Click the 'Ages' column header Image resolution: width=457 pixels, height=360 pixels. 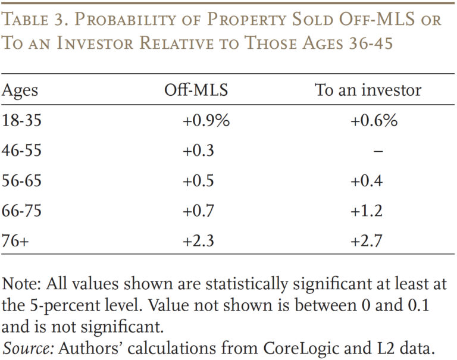(20, 90)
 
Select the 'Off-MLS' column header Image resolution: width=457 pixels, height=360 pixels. (196, 89)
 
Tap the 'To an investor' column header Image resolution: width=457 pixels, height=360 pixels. (368, 89)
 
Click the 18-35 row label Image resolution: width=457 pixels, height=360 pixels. (21, 120)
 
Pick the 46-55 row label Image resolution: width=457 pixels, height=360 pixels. (21, 151)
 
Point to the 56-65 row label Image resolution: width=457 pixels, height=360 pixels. (21, 180)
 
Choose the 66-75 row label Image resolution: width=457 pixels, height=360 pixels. (21, 211)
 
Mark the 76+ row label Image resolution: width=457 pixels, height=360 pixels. (15, 241)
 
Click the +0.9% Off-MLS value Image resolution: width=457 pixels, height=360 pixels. (206, 120)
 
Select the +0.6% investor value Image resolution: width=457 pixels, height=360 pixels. (374, 120)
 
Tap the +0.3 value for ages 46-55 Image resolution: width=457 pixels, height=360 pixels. (198, 151)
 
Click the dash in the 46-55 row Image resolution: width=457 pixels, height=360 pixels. (378, 151)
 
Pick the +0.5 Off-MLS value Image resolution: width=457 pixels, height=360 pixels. (198, 180)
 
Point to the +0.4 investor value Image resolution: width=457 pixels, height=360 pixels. (367, 180)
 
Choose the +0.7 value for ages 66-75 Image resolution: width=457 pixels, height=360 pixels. (198, 211)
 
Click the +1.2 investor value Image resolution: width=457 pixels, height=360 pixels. (367, 211)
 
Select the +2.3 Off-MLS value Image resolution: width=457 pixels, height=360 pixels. (198, 241)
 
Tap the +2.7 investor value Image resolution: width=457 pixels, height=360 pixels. (367, 241)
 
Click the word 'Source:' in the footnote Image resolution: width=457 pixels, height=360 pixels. (29, 348)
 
